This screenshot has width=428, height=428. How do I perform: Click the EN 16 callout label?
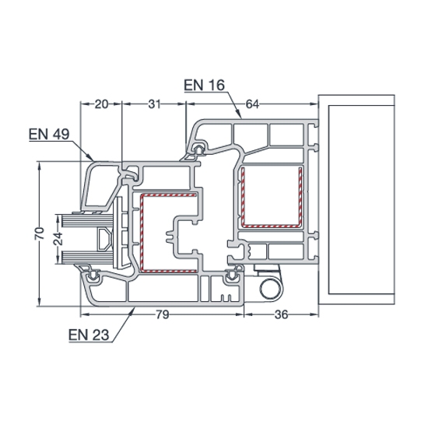click(204, 85)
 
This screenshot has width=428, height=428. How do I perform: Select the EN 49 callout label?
click(49, 134)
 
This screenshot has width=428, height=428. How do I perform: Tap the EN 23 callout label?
click(89, 335)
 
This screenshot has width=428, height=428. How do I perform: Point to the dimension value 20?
click(101, 104)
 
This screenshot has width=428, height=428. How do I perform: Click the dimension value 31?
click(155, 104)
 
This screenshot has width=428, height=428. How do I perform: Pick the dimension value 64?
click(252, 104)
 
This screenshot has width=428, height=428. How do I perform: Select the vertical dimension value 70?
click(40, 233)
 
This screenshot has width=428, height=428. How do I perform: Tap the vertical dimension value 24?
click(58, 239)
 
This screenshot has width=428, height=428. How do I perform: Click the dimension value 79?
click(163, 314)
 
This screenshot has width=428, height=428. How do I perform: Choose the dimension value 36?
click(281, 314)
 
